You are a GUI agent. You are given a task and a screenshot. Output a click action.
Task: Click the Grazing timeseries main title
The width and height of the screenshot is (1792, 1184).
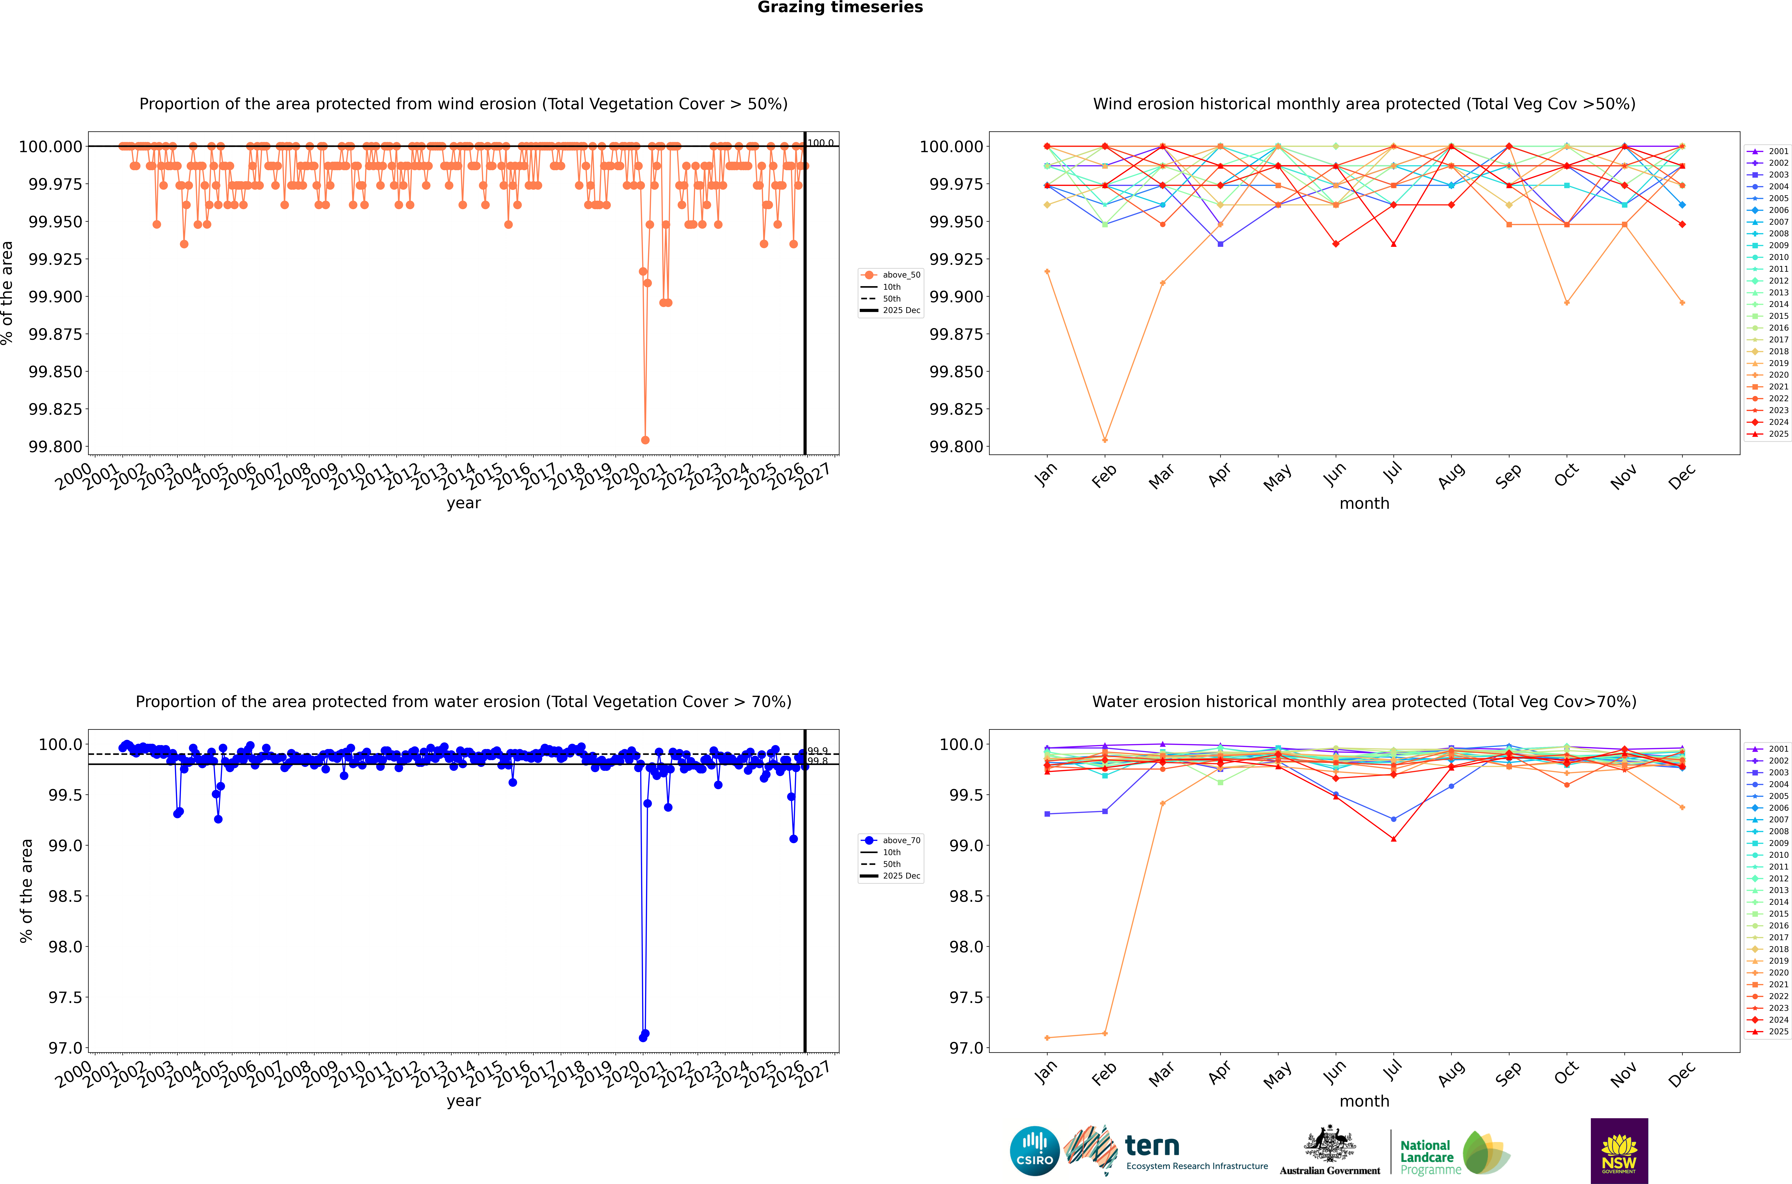(840, 7)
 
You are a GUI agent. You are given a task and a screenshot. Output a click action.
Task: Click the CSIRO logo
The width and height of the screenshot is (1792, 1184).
(1035, 1151)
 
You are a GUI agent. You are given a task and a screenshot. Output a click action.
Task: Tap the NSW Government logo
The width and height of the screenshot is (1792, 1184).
(1619, 1151)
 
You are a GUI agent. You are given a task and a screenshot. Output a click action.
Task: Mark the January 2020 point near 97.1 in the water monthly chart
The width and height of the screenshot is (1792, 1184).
(1047, 1037)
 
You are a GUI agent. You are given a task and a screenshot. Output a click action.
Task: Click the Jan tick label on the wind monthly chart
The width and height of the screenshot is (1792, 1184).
(1046, 476)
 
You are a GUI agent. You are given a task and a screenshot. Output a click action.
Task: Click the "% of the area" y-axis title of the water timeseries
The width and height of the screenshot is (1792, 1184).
(26, 891)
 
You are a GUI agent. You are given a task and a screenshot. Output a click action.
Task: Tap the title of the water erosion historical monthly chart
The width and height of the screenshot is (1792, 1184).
(1364, 701)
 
